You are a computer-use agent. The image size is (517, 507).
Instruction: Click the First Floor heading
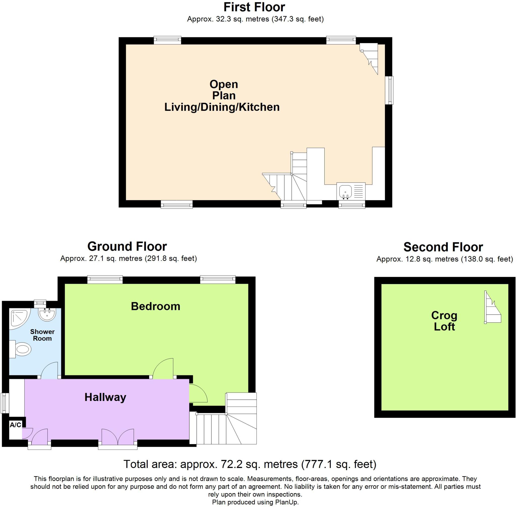[254, 7]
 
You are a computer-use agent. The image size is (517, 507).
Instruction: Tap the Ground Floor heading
[127, 246]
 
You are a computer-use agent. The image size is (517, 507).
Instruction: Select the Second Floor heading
[443, 247]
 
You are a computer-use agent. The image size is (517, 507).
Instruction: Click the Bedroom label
[156, 306]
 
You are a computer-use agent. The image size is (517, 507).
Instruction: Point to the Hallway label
[105, 397]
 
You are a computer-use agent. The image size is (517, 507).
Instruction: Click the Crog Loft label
[444, 321]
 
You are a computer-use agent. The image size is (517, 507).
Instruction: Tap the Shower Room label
[42, 335]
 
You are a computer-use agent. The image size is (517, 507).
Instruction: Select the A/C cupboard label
[15, 425]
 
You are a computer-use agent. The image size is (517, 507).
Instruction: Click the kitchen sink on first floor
[345, 191]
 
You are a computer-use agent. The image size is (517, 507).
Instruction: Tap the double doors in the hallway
[118, 437]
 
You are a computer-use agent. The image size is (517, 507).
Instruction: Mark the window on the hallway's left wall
[4, 403]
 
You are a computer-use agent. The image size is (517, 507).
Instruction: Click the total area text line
[250, 464]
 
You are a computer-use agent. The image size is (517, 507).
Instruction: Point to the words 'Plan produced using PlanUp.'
[255, 502]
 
